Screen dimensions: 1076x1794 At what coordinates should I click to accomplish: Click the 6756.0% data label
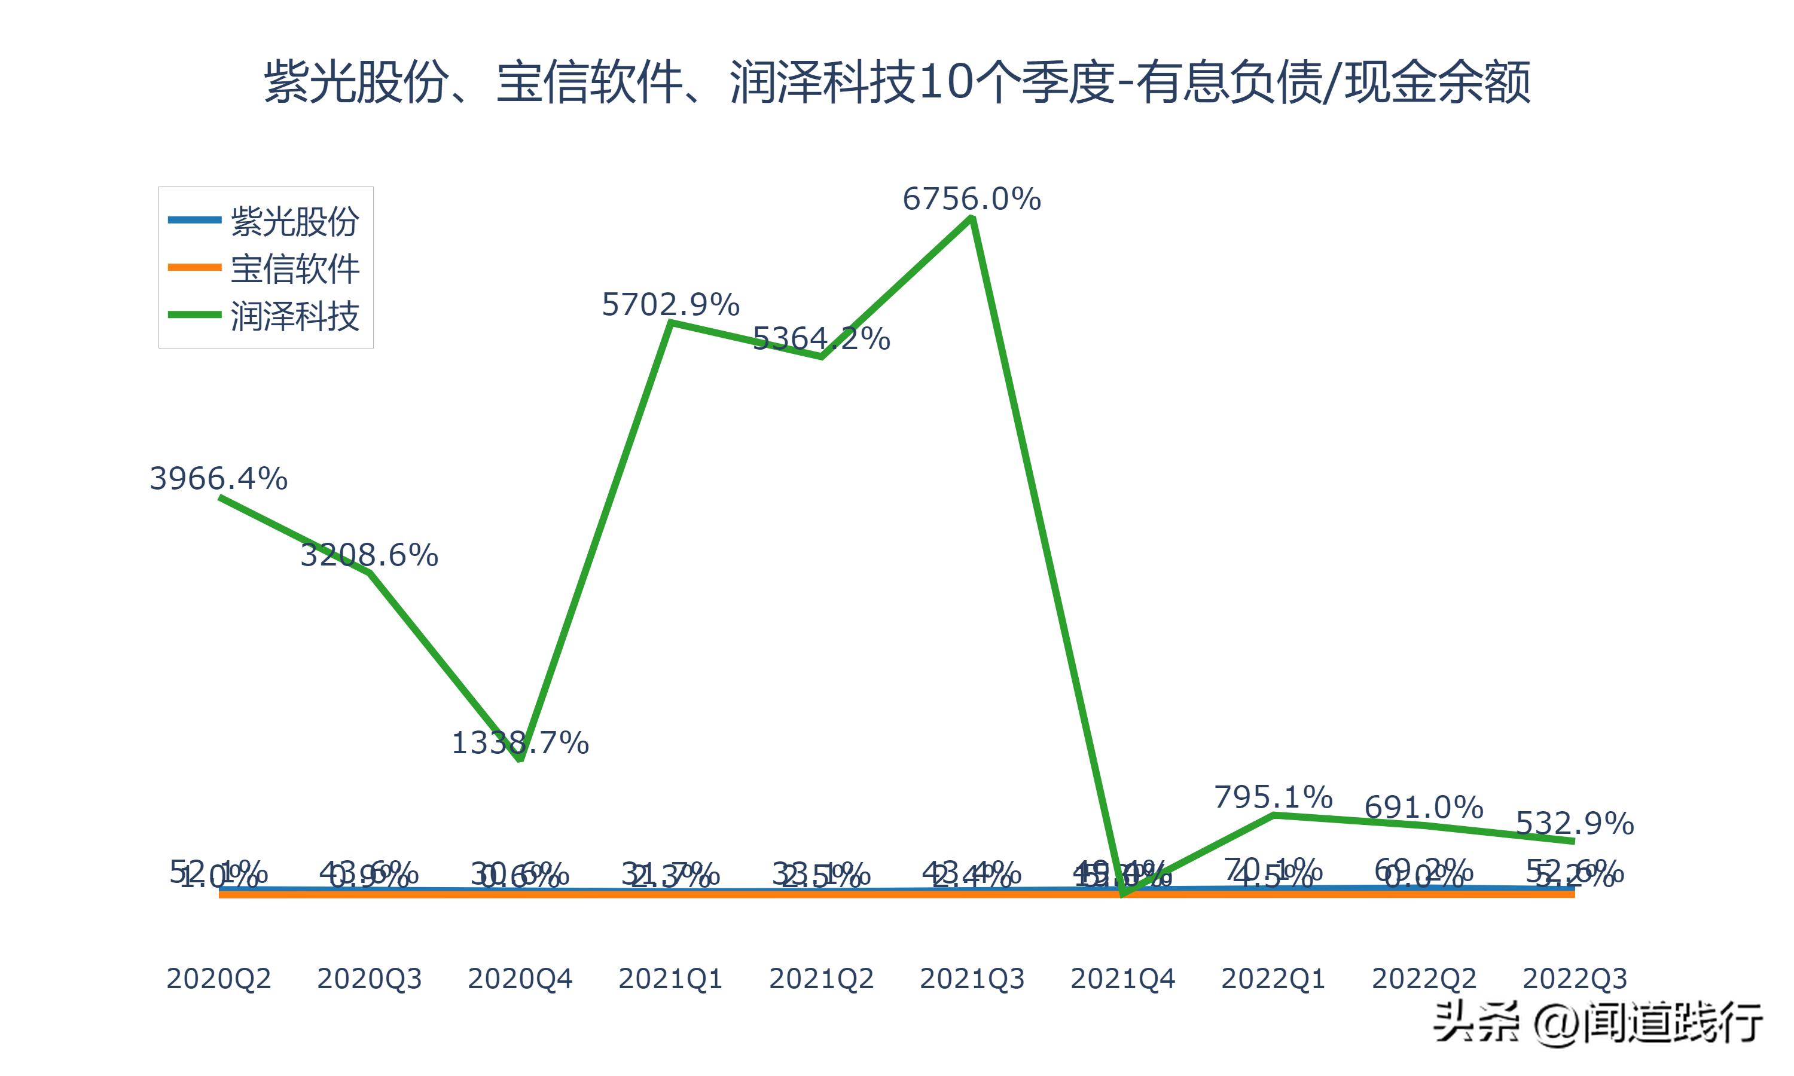tap(971, 198)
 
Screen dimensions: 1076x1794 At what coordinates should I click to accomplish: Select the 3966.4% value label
tap(218, 479)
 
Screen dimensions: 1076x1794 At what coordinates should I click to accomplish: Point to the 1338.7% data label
tap(520, 742)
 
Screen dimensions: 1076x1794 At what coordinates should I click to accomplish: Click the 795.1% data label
tap(1273, 797)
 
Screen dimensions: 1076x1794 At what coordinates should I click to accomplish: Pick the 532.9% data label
tap(1575, 823)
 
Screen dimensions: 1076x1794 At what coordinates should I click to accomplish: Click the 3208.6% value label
tap(369, 555)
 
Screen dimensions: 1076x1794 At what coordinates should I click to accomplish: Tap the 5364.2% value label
tap(821, 338)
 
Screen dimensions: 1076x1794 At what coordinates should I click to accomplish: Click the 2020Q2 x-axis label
tap(218, 979)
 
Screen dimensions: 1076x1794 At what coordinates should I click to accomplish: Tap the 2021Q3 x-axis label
tap(972, 979)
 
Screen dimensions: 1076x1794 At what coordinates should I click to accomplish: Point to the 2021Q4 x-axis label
tap(1122, 979)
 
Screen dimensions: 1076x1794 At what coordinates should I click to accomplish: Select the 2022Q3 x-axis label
tap(1575, 979)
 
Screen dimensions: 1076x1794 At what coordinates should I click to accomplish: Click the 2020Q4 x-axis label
tap(520, 979)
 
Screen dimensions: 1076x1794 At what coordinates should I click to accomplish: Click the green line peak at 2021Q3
tap(972, 218)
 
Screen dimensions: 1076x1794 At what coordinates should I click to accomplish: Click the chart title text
tap(897, 81)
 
